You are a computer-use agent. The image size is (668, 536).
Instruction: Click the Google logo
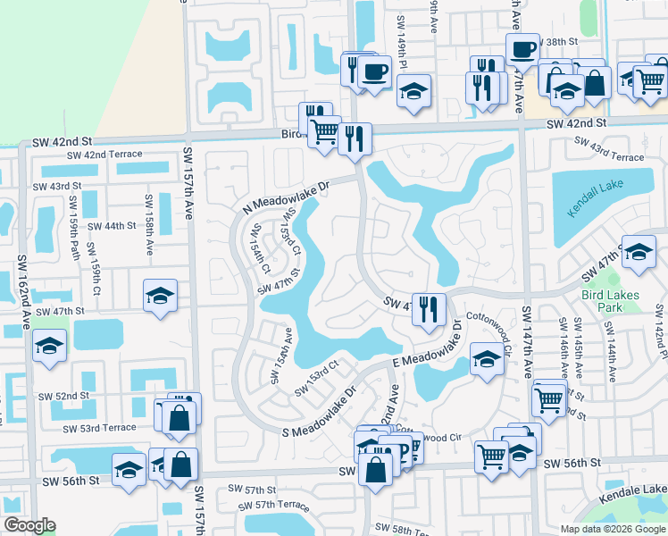point(29,525)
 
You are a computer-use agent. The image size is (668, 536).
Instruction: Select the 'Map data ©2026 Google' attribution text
point(613,528)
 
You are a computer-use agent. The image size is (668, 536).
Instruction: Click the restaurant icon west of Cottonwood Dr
point(429,309)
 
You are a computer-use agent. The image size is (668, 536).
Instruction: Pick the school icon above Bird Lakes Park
point(639,252)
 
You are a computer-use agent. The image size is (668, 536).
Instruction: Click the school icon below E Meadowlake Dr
point(487,360)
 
